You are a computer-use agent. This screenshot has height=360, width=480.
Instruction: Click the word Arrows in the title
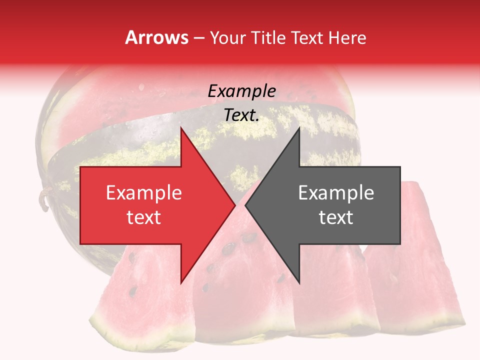(156, 38)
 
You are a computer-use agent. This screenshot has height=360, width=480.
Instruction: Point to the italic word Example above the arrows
(241, 91)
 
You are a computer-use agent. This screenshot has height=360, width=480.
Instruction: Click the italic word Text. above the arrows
(241, 115)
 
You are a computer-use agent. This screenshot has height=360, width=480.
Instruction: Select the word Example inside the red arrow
(143, 193)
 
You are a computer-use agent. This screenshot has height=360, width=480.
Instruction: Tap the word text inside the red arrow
(143, 217)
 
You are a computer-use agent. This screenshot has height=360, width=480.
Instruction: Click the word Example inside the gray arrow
(336, 193)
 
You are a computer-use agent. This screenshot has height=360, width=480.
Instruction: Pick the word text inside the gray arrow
(336, 217)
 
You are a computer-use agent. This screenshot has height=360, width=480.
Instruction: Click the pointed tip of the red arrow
(234, 205)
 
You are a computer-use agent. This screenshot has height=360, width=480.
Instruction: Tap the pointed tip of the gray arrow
(246, 205)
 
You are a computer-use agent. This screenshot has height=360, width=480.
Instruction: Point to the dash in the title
(198, 38)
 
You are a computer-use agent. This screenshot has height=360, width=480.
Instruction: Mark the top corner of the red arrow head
(181, 128)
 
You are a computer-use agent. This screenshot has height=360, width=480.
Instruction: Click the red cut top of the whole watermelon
(150, 100)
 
